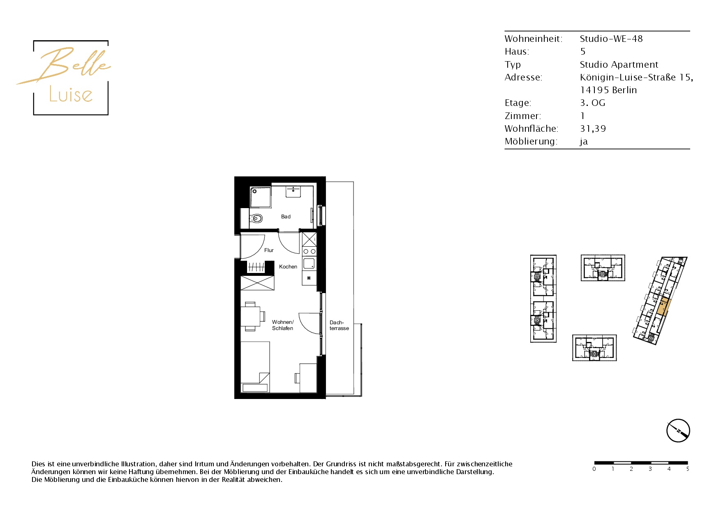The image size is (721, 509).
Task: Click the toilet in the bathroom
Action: coord(256,218)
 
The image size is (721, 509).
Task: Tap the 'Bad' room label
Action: coord(286,217)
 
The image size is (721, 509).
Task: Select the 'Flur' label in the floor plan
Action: coord(269,250)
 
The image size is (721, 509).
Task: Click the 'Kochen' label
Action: coord(288,267)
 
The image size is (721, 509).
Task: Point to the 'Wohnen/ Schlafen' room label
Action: coord(283,325)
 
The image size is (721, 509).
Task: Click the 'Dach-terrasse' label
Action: coord(339,326)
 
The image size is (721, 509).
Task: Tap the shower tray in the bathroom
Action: coord(261,197)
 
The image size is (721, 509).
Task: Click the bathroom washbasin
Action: coord(293,191)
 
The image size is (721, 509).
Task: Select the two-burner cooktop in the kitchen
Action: coord(310,251)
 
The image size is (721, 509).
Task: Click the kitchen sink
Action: coord(309,263)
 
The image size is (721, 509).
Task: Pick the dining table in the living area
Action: coord(250,316)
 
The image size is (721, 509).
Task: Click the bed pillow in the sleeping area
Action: coord(255,387)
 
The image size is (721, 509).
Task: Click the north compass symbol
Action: coord(678,431)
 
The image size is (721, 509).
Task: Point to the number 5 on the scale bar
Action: coord(687,469)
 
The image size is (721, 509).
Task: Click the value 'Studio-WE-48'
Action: coord(611,39)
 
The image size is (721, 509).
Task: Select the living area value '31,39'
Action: coord(593,129)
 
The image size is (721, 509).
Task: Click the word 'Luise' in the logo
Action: coord(71,94)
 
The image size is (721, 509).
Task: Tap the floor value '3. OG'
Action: coord(592,103)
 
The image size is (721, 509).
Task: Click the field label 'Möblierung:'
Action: coord(531,142)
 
